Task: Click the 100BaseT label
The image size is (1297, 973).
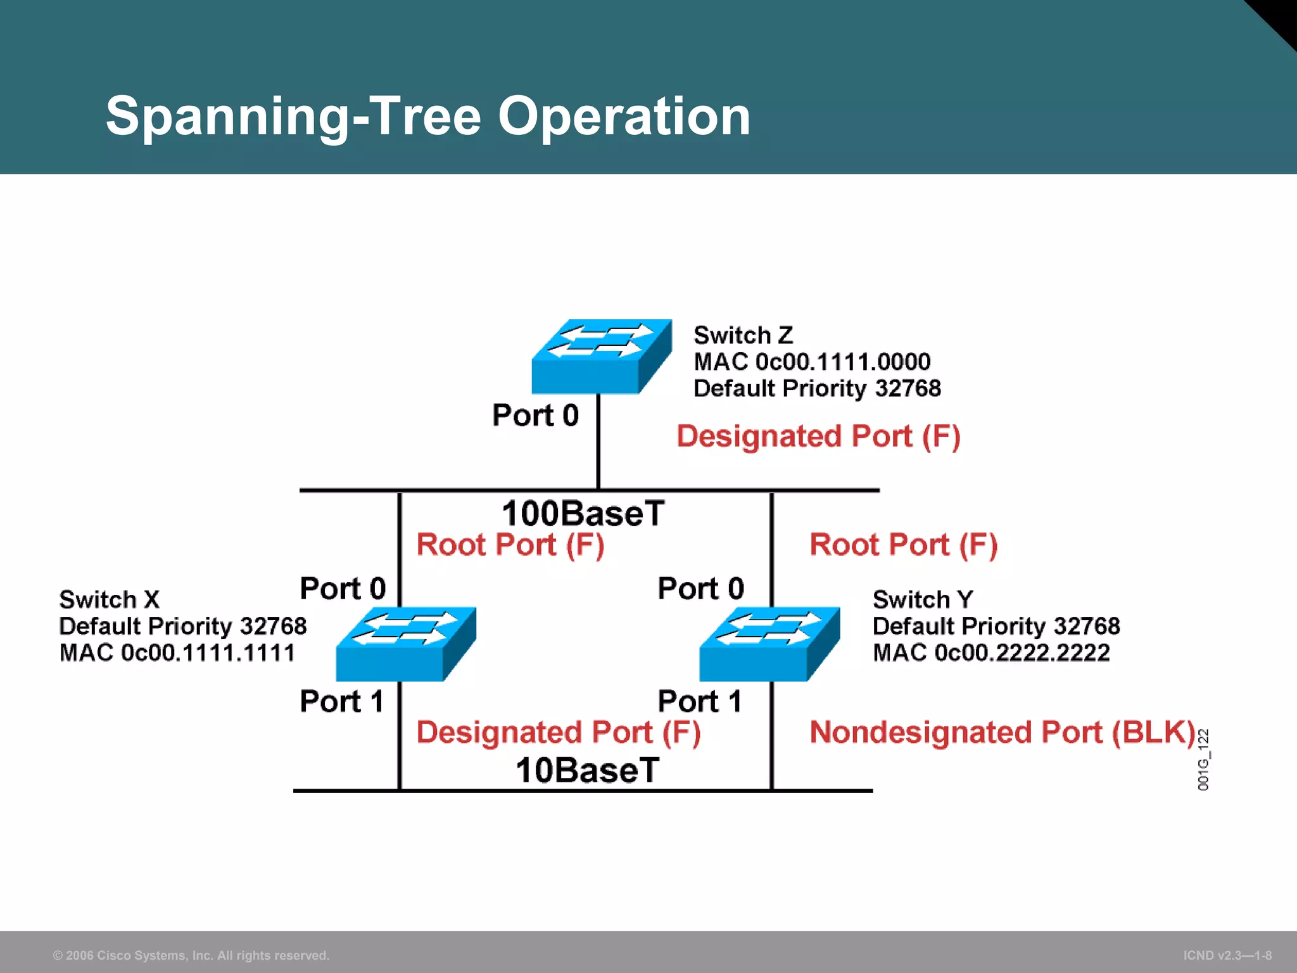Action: click(x=583, y=513)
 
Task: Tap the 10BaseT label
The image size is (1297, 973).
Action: click(x=587, y=770)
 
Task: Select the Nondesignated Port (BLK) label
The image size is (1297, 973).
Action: click(x=1002, y=732)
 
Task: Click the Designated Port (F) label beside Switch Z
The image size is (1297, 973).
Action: click(x=818, y=436)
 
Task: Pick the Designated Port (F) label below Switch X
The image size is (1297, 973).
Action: click(x=558, y=732)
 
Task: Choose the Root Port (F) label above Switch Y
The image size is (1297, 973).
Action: click(x=903, y=545)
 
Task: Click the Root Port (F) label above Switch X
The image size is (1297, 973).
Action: click(x=510, y=545)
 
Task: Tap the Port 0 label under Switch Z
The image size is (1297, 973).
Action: click(x=535, y=416)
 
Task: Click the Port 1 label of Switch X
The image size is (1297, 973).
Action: click(x=341, y=701)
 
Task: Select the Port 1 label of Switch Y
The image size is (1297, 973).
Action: click(x=699, y=701)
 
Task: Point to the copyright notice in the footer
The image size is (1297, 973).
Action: click(x=191, y=955)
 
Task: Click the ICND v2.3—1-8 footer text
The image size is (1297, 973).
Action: click(x=1227, y=955)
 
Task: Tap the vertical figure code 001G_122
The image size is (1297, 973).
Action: click(x=1203, y=760)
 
